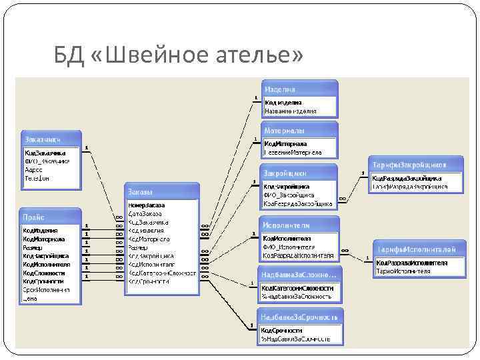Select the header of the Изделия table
[x=299, y=89]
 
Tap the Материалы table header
[x=299, y=130]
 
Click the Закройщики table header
[x=299, y=173]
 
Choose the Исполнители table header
[x=299, y=225]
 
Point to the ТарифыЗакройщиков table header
[x=415, y=165]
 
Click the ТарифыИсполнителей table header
[x=417, y=249]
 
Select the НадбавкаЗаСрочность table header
[x=301, y=316]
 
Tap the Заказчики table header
[x=50, y=139]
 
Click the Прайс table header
[x=50, y=217]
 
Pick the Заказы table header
[x=161, y=191]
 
